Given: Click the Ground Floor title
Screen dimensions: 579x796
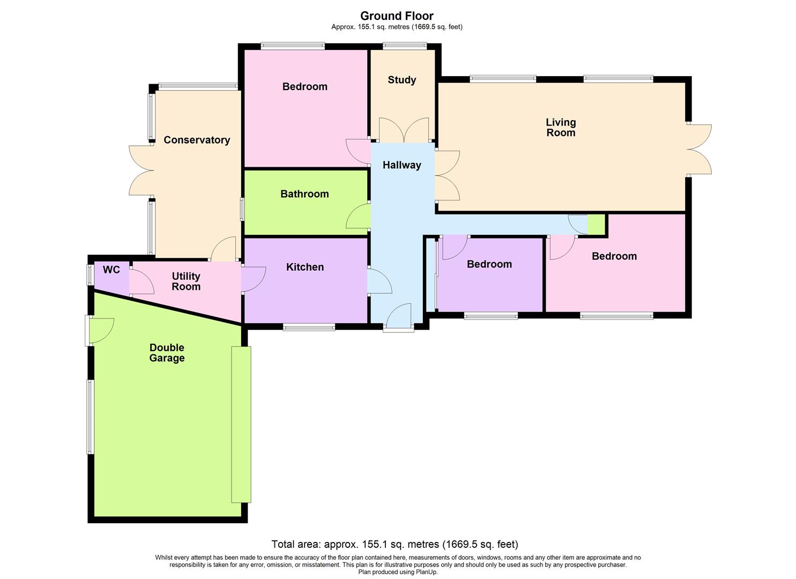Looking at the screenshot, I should [x=397, y=16].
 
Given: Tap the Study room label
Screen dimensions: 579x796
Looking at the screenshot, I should [x=401, y=80].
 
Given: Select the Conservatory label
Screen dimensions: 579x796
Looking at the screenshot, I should [x=197, y=140].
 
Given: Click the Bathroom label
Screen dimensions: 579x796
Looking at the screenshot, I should [x=304, y=194].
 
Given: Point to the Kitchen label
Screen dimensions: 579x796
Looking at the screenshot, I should [x=304, y=267].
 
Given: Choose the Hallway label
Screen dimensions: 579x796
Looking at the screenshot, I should [x=401, y=165].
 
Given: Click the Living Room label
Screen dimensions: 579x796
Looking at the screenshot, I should [x=561, y=128].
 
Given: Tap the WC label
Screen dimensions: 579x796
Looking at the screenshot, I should [x=111, y=270].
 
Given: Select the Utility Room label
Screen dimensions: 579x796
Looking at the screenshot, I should [x=186, y=281].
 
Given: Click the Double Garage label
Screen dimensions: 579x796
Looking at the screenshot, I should [x=167, y=353].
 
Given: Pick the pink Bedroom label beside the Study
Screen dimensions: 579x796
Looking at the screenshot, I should [x=304, y=87].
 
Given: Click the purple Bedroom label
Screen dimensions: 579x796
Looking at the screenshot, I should [x=489, y=264].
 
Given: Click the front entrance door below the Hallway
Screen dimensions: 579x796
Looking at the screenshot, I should [x=398, y=317].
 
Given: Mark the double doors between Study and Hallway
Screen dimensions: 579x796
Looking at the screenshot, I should [x=404, y=130].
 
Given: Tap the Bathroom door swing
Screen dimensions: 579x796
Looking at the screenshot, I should [x=358, y=217].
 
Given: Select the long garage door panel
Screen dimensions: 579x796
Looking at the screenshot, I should [x=241, y=424].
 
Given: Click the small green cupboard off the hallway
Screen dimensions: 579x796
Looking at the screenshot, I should [x=596, y=225].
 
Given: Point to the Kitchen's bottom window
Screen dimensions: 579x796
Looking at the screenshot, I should [x=309, y=326].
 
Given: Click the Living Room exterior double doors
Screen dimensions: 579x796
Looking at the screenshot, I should [x=700, y=149].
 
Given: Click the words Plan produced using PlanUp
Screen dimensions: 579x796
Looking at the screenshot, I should [x=398, y=572].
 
